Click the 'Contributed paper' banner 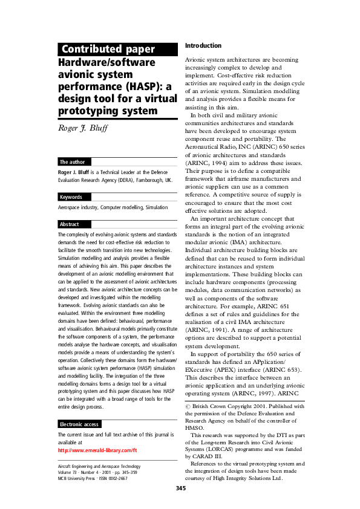point(108,50)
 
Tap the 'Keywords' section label point(71,197)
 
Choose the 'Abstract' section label point(70,224)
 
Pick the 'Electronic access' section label point(80,407)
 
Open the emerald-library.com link point(97,433)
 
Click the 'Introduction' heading point(203,45)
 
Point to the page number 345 point(180,487)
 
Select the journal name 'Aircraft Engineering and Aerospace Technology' point(99,466)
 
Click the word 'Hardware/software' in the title point(106,62)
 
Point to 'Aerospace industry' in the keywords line point(77,207)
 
